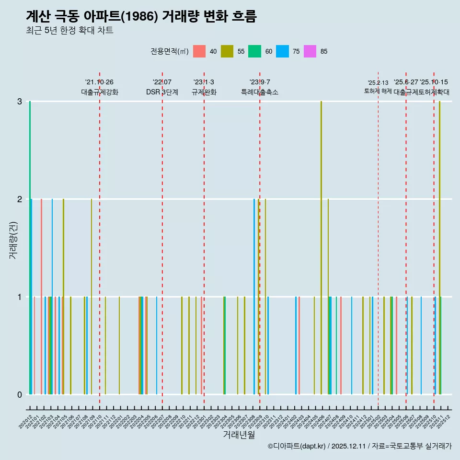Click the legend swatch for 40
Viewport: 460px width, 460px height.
[x=199, y=51]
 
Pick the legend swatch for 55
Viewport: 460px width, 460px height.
[x=227, y=51]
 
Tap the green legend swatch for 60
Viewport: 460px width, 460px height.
[x=254, y=51]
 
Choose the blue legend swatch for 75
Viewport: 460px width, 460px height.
[x=282, y=51]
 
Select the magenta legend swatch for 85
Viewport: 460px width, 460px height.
[x=310, y=51]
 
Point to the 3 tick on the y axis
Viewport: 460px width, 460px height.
[x=20, y=102]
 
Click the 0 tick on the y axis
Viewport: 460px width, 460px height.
[x=20, y=394]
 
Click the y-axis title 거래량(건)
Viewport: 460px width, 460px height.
[x=13, y=240]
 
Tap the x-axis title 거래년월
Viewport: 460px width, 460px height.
[x=239, y=435]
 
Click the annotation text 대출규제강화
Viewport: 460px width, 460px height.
[x=99, y=92]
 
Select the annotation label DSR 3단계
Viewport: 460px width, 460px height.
[x=162, y=92]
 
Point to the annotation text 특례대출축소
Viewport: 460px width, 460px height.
[x=259, y=92]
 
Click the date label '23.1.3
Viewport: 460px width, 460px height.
[x=204, y=82]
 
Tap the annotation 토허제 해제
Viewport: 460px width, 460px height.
[x=378, y=91]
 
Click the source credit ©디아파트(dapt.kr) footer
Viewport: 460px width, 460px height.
[x=359, y=446]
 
